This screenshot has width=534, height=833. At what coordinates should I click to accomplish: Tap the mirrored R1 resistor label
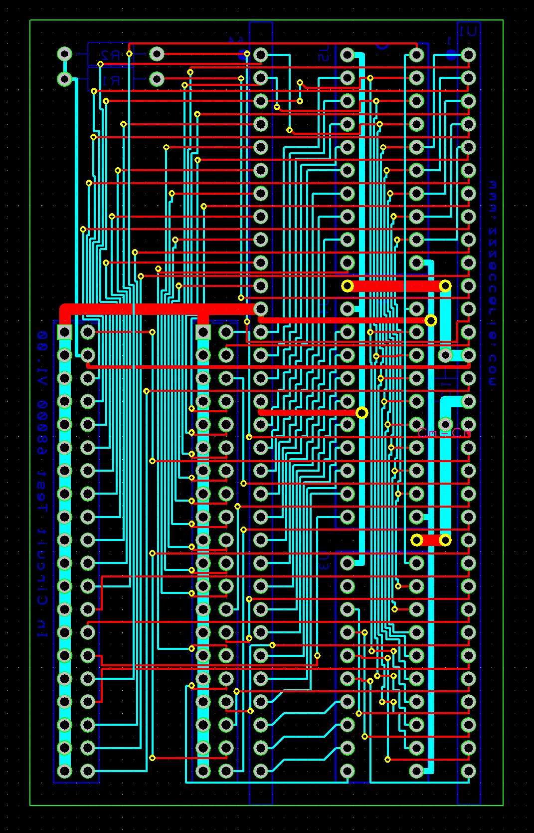(111, 80)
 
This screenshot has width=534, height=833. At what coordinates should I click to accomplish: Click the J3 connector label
(324, 564)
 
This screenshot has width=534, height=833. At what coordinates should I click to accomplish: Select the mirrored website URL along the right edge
(493, 284)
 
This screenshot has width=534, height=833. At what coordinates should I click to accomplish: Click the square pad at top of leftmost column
(64, 332)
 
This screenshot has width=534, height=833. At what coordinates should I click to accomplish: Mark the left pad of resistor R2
(64, 54)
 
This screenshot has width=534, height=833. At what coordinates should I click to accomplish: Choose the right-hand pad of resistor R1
(157, 79)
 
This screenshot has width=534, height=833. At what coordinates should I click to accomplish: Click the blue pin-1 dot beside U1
(451, 55)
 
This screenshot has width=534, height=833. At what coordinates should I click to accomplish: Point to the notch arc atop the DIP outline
(382, 46)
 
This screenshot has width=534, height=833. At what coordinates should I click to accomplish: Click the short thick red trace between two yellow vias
(431, 540)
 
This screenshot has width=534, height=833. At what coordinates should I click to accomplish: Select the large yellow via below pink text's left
(416, 540)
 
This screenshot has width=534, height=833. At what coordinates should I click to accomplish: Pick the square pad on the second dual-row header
(203, 332)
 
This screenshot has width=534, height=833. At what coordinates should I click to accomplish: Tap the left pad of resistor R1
(64, 79)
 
